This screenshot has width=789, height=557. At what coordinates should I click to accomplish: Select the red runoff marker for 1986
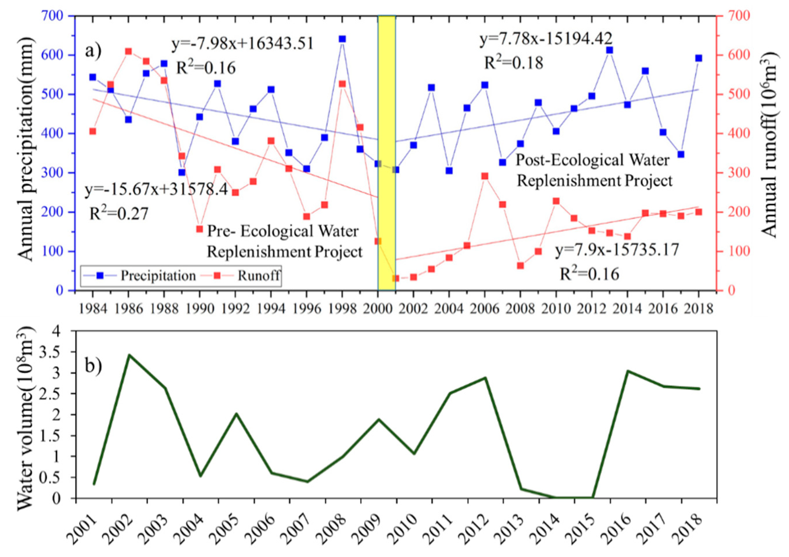click(129, 52)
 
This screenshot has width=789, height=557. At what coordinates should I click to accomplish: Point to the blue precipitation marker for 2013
click(610, 50)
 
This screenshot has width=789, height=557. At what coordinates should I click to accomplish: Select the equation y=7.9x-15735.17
click(617, 250)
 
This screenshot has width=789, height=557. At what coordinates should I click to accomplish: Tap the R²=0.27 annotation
click(119, 214)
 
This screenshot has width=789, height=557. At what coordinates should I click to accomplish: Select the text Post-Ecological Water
click(593, 160)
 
